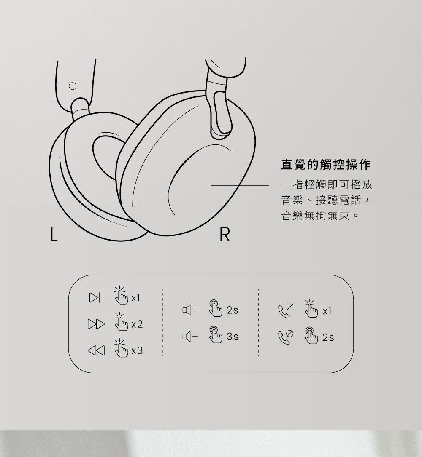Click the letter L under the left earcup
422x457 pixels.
[x=52, y=235]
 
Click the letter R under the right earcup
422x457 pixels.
[x=225, y=235]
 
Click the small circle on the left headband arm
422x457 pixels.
[x=73, y=86]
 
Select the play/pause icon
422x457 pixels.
[x=95, y=299]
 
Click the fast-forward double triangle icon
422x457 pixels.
[x=95, y=324]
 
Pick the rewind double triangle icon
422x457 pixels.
[x=95, y=350]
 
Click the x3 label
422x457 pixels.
[x=137, y=350]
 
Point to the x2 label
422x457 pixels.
[x=137, y=325]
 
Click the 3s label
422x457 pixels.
[x=233, y=337]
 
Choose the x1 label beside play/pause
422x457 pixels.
[x=135, y=299]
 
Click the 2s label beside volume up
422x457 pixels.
[x=233, y=311]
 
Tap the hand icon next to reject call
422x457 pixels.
[x=311, y=336]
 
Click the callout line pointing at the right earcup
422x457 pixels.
[x=240, y=185]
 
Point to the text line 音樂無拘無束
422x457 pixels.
[x=320, y=216]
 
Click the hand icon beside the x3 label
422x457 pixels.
[x=120, y=348]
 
